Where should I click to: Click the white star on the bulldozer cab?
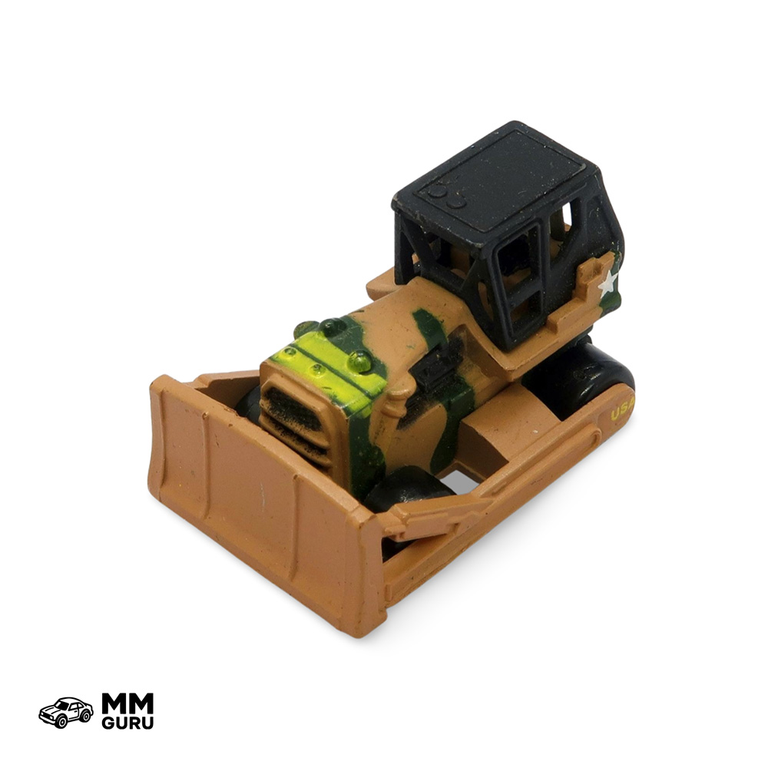(x=607, y=283)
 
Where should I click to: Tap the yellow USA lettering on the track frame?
(x=622, y=410)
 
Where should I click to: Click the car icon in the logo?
(x=65, y=712)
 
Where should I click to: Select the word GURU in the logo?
(x=127, y=723)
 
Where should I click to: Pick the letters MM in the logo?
(x=127, y=703)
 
